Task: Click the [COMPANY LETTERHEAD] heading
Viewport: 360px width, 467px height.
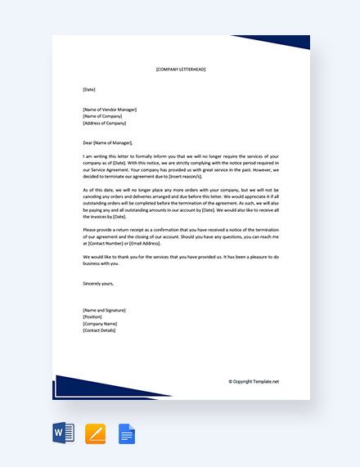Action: pyautogui.click(x=181, y=70)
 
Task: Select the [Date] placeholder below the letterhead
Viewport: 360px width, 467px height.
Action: pyautogui.click(x=89, y=89)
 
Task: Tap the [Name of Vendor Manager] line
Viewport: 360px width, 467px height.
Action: pyautogui.click(x=110, y=110)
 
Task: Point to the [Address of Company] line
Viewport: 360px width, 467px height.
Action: pyautogui.click(x=106, y=123)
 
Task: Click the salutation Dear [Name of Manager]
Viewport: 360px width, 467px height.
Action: pyautogui.click(x=107, y=142)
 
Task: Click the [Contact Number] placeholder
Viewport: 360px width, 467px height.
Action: pyautogui.click(x=107, y=244)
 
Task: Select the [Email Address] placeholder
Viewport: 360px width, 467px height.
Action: pyautogui.click(x=144, y=244)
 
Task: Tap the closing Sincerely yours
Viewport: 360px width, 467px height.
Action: pyautogui.click(x=99, y=284)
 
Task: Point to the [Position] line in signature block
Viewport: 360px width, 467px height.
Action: pyautogui.click(x=92, y=317)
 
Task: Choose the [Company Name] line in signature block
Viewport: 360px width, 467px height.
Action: pyautogui.click(x=101, y=323)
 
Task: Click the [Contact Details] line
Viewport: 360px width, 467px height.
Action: pyautogui.click(x=100, y=330)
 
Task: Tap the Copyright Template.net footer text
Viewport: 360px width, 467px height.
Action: pyautogui.click(x=254, y=381)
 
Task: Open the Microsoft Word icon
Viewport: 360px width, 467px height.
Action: pyautogui.click(x=63, y=433)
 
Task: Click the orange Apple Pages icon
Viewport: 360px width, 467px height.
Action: pyautogui.click(x=96, y=433)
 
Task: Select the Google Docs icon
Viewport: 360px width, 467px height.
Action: pyautogui.click(x=127, y=433)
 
